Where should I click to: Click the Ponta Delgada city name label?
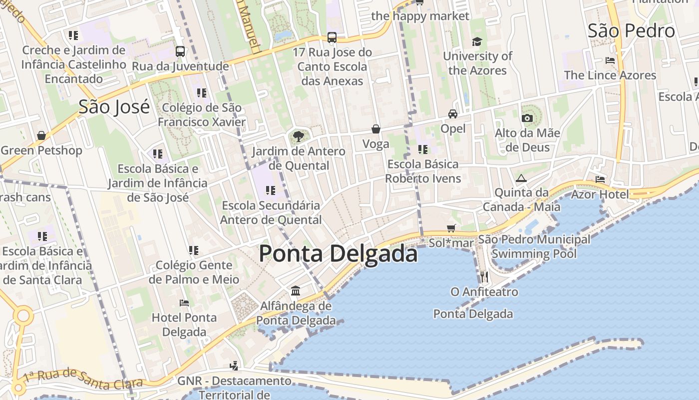pyautogui.click(x=338, y=253)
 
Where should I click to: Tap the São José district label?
pyautogui.click(x=114, y=106)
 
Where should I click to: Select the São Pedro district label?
pyautogui.click(x=631, y=31)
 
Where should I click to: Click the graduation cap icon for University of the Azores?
pyautogui.click(x=477, y=41)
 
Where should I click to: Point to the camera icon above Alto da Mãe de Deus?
pyautogui.click(x=527, y=118)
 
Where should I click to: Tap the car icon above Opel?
pyautogui.click(x=453, y=113)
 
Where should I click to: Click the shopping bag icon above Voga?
pyautogui.click(x=376, y=129)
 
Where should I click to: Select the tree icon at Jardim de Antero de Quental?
pyautogui.click(x=299, y=136)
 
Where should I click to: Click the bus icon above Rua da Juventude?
pyautogui.click(x=180, y=51)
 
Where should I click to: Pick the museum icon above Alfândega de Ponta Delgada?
pyautogui.click(x=296, y=290)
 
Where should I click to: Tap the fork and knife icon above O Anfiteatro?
pyautogui.click(x=484, y=276)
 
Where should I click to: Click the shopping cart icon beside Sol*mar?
pyautogui.click(x=451, y=228)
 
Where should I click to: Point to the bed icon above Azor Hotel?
pyautogui.click(x=600, y=179)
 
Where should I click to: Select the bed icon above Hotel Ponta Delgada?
pyautogui.click(x=184, y=302)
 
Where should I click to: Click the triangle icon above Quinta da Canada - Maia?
pyautogui.click(x=521, y=178)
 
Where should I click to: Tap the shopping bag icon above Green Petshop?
pyautogui.click(x=41, y=135)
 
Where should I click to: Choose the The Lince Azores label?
pyautogui.click(x=610, y=75)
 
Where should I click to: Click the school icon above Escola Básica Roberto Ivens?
pyautogui.click(x=423, y=149)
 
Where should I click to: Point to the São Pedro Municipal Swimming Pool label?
pyautogui.click(x=534, y=246)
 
